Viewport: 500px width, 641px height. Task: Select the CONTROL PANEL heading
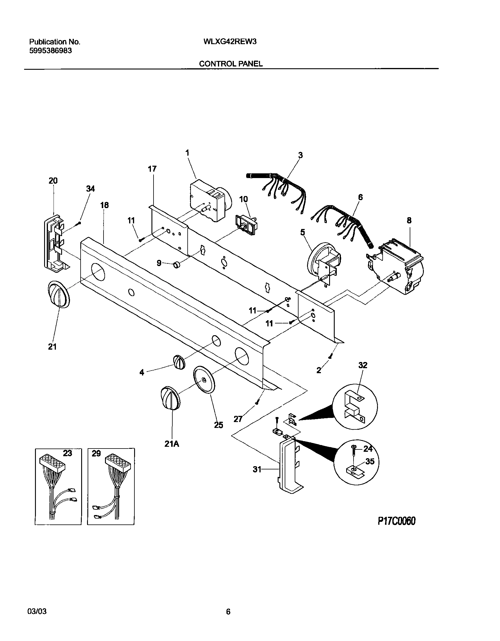[231, 64]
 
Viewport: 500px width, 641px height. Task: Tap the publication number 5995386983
[51, 51]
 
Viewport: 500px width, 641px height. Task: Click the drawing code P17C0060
[396, 521]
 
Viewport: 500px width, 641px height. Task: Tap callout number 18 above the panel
[104, 205]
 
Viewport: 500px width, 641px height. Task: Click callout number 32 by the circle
[363, 365]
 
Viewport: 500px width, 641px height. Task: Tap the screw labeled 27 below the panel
[257, 401]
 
